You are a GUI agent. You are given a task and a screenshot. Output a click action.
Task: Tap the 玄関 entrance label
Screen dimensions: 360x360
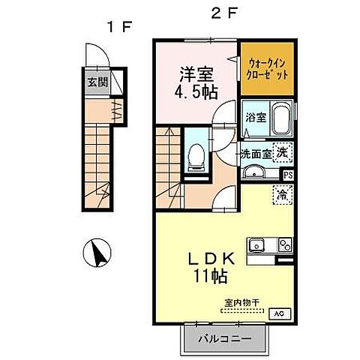coord(94,82)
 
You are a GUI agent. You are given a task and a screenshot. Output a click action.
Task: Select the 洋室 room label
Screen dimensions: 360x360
coord(196,74)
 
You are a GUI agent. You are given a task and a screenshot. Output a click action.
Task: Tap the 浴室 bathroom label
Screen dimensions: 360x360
coord(256,117)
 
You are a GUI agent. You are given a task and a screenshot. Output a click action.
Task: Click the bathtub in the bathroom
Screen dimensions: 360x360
coord(282,120)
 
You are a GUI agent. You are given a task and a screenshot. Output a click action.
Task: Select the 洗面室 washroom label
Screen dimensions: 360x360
coord(256,153)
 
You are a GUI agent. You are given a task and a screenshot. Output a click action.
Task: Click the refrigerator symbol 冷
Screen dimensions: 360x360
coord(283,193)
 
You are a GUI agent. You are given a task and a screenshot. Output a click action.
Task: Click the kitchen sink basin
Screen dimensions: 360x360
coord(259,244)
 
